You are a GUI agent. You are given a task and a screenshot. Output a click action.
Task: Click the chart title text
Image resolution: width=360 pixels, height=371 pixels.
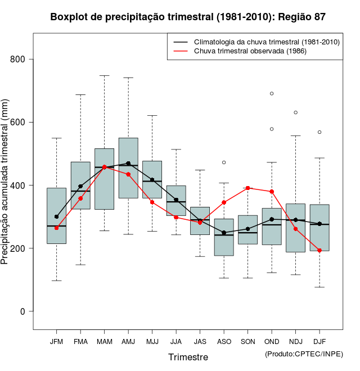tap(187, 17)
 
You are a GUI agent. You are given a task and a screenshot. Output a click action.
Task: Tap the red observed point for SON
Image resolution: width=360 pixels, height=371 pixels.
tap(248, 188)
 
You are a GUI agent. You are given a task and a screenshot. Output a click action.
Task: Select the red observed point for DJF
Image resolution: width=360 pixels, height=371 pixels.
tap(319, 250)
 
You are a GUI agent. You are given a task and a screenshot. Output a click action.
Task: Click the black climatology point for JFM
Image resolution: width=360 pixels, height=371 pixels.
tap(56, 216)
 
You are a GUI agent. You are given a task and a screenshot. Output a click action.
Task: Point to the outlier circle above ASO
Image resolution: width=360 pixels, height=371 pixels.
tap(224, 162)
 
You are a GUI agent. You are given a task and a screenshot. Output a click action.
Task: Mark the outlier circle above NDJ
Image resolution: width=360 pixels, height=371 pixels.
tap(295, 112)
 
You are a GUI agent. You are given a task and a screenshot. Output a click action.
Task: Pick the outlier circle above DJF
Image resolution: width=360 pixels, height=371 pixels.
tap(319, 132)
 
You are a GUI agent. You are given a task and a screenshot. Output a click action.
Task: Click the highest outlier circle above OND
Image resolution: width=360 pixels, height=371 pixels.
tap(272, 93)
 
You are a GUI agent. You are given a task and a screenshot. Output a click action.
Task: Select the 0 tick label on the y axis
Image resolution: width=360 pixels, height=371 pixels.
tap(29, 311)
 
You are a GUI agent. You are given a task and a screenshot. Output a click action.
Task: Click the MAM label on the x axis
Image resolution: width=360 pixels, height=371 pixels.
tap(104, 341)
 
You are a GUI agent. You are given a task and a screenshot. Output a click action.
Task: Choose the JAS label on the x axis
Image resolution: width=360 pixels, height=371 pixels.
tap(200, 341)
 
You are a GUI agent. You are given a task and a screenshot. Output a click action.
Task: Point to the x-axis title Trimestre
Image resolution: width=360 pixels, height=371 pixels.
tap(188, 357)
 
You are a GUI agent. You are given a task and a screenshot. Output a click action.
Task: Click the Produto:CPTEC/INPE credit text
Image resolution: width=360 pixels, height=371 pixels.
tap(303, 354)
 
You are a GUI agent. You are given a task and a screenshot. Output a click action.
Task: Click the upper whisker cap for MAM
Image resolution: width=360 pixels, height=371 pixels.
tap(104, 75)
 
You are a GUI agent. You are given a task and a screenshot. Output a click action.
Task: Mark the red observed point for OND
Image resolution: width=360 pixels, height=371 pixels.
tap(272, 192)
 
